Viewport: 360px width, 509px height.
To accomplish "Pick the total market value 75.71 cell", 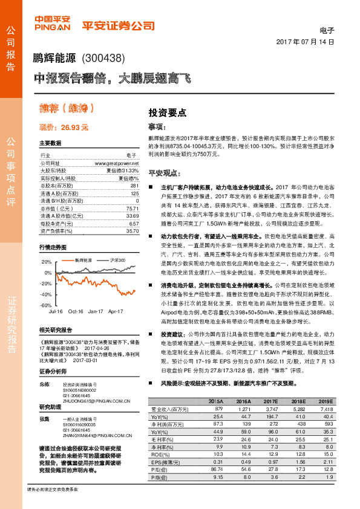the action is click(x=133, y=208).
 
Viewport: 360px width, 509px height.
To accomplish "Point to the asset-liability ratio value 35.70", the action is click(x=133, y=230).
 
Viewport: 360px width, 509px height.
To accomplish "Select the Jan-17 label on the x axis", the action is click(x=96, y=311).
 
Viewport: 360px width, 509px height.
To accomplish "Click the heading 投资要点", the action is click(x=168, y=112).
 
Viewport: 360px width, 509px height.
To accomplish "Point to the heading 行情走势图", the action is click(x=51, y=248).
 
